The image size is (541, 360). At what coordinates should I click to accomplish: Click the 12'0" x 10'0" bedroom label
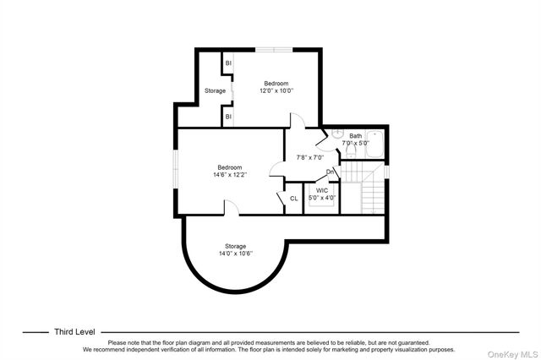click(276, 91)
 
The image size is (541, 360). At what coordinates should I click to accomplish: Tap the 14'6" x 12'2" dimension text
click(229, 175)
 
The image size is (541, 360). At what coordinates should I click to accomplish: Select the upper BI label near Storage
click(228, 63)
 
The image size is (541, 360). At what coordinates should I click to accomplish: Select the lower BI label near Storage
click(228, 117)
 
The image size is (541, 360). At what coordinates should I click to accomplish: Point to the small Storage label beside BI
click(215, 90)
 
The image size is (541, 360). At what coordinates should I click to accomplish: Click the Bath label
click(355, 135)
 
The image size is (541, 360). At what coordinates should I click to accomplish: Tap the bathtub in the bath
click(375, 145)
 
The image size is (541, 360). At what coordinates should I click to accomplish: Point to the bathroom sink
click(336, 134)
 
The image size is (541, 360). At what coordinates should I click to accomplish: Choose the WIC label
click(321, 190)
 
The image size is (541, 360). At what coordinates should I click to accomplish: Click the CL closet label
click(293, 199)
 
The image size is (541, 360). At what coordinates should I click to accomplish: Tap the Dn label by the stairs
click(331, 172)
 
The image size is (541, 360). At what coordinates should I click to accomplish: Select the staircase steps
click(373, 195)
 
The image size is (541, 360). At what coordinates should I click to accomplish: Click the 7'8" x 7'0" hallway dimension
click(309, 157)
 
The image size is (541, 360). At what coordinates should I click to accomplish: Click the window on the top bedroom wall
click(270, 50)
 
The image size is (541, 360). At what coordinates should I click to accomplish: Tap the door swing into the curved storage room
click(230, 207)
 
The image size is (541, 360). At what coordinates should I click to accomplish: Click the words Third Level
click(74, 332)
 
